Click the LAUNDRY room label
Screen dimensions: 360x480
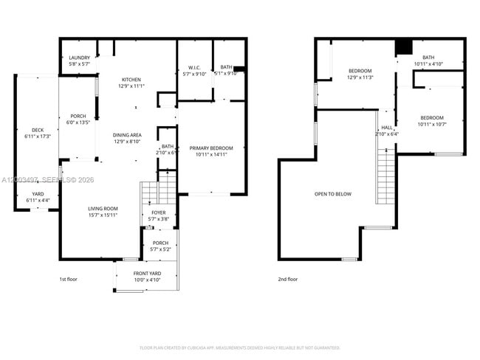pos(79,58)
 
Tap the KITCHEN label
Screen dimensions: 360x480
pos(131,80)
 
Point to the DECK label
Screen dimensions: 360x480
pos(37,130)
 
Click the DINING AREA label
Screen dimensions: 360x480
pos(127,134)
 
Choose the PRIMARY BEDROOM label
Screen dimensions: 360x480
pos(211,148)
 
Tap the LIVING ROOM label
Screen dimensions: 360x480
pos(103,209)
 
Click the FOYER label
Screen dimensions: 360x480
pos(159,212)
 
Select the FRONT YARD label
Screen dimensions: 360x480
pos(147,274)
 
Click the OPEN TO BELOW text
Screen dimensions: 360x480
pos(333,194)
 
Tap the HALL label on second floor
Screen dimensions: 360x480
pos(387,127)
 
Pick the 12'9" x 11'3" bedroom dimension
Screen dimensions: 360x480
pos(360,77)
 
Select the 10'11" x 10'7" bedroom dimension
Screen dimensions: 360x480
pos(432,124)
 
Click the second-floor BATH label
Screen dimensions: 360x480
pos(429,58)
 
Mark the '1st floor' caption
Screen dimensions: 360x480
pos(69,280)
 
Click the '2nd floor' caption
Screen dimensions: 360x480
pos(288,280)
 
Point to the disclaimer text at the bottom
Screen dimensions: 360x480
pos(239,347)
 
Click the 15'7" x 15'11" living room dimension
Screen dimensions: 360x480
pos(103,215)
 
